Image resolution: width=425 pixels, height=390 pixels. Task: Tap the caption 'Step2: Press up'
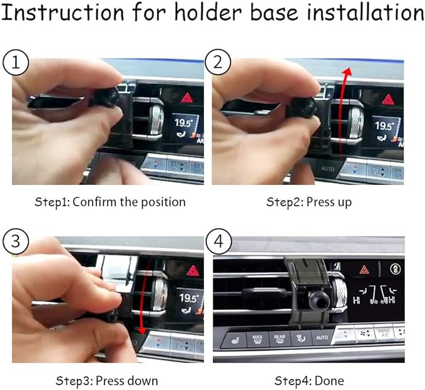coord(309,202)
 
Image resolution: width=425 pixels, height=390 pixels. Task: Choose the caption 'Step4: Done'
coord(309,381)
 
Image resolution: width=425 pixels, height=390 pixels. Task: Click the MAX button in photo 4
coord(257,339)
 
